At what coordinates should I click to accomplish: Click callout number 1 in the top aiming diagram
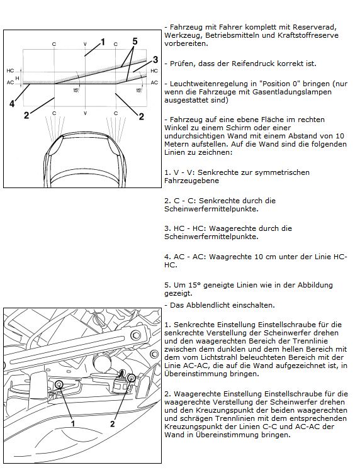point(103,42)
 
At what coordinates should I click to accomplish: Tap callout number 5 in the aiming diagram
point(135,41)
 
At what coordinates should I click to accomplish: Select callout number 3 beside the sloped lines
point(155,60)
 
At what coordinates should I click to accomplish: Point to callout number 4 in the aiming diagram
point(12,104)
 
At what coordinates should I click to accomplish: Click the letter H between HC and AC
point(17,78)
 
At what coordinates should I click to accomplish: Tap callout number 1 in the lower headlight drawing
point(73,423)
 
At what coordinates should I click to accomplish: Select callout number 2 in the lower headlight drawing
point(113,423)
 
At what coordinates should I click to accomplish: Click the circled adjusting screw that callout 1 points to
point(59,385)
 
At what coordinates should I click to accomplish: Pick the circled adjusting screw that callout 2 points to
point(132,377)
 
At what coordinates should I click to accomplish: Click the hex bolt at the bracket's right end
point(136,335)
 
